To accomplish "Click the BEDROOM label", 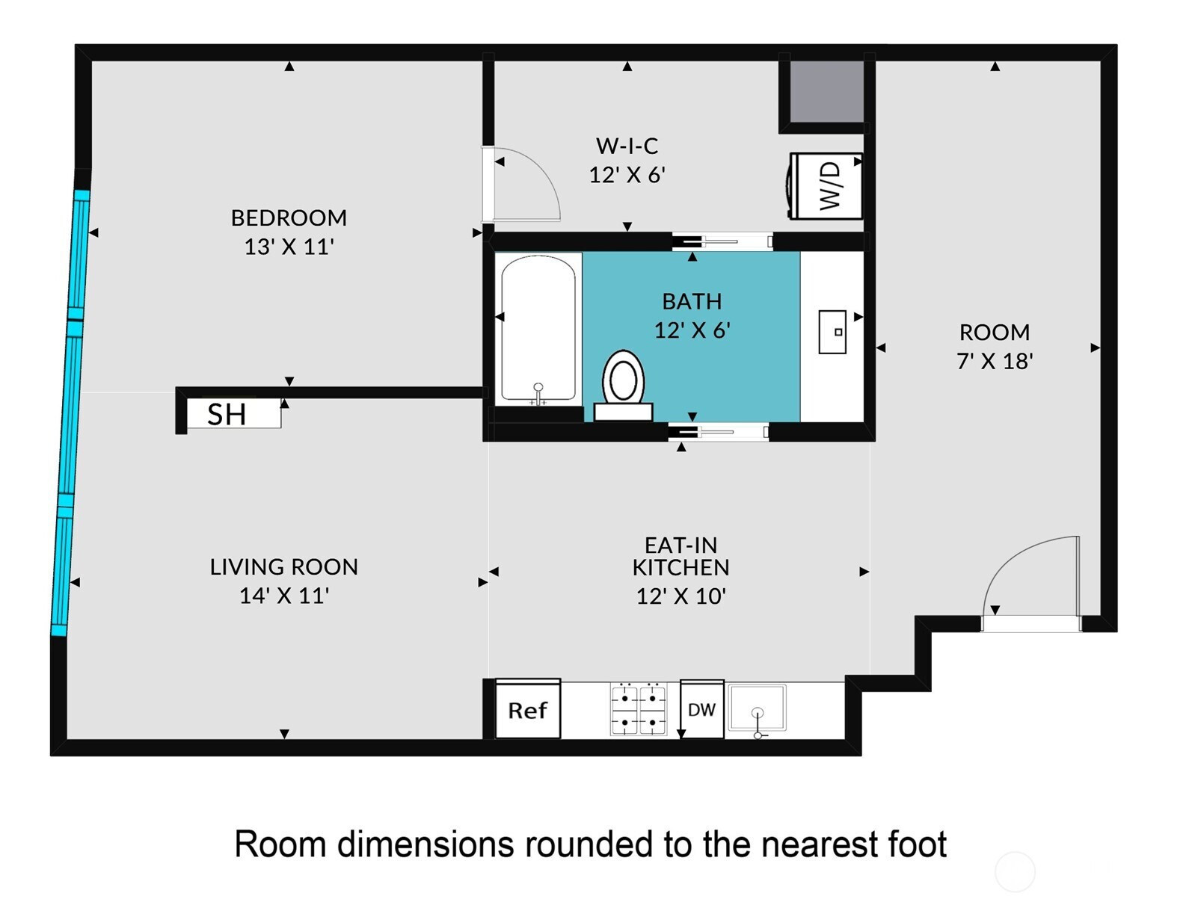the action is click(x=289, y=218).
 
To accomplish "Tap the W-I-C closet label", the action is click(x=627, y=146).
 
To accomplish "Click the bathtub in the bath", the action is click(x=538, y=330).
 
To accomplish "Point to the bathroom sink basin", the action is click(x=832, y=332).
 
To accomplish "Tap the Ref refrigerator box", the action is click(x=528, y=709).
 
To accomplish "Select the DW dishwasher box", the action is click(x=702, y=709).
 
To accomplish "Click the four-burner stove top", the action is click(x=639, y=709).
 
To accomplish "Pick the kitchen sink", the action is click(x=757, y=708).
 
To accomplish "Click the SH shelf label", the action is click(x=227, y=415).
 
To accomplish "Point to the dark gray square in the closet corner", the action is click(x=826, y=92).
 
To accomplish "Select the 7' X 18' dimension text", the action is click(x=995, y=361).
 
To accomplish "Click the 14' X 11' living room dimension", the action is click(x=284, y=595).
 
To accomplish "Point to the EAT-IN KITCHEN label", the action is click(x=681, y=556).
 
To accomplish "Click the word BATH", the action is click(x=692, y=301).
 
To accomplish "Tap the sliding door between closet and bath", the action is click(x=722, y=241).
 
